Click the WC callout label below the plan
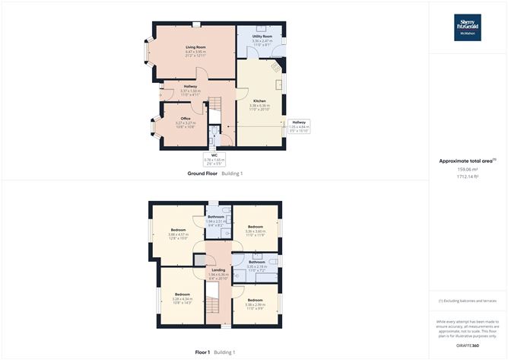click(214, 158)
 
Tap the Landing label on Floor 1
click(218, 269)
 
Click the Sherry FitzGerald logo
click(467, 27)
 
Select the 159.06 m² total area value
click(467, 169)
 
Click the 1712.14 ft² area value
click(467, 177)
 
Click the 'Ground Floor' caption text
click(202, 174)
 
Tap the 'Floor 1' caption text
click(202, 352)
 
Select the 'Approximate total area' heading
click(465, 161)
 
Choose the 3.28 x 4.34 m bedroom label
click(183, 298)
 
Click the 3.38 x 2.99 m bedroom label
click(255, 304)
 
